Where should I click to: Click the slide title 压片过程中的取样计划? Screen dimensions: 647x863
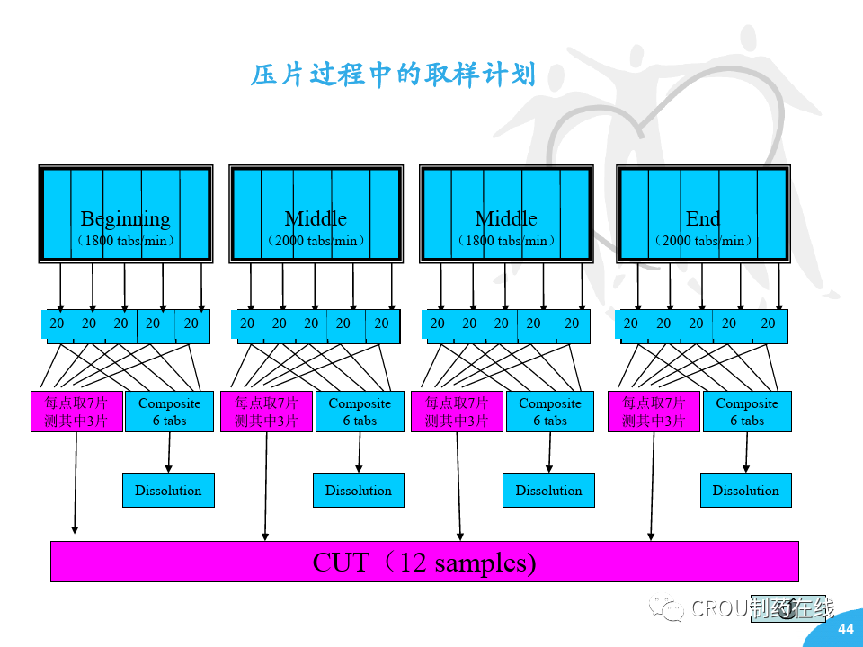click(x=393, y=75)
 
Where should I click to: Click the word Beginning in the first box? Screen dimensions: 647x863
click(x=125, y=218)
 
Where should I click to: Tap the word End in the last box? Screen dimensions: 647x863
click(x=702, y=218)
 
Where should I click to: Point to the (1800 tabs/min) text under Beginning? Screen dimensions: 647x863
click(x=125, y=241)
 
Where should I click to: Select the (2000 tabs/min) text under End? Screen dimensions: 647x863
click(x=702, y=241)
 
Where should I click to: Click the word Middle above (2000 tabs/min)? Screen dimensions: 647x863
click(x=316, y=218)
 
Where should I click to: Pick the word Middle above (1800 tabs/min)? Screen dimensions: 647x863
click(x=506, y=218)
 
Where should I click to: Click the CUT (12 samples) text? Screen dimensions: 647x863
click(x=423, y=563)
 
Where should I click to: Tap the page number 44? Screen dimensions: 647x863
click(x=845, y=629)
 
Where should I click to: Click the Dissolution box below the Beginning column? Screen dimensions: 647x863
click(x=168, y=491)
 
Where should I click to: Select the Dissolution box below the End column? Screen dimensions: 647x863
click(x=745, y=491)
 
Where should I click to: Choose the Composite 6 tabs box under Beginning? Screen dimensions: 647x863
click(x=169, y=412)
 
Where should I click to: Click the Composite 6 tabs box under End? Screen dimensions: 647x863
click(x=747, y=412)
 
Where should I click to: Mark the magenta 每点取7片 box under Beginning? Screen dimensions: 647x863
click(x=76, y=412)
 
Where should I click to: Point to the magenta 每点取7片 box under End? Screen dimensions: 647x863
click(x=654, y=412)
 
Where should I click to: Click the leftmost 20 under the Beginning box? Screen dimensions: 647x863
click(x=57, y=323)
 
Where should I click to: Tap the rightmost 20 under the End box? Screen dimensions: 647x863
click(x=768, y=323)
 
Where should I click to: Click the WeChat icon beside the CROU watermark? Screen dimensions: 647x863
click(x=670, y=608)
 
